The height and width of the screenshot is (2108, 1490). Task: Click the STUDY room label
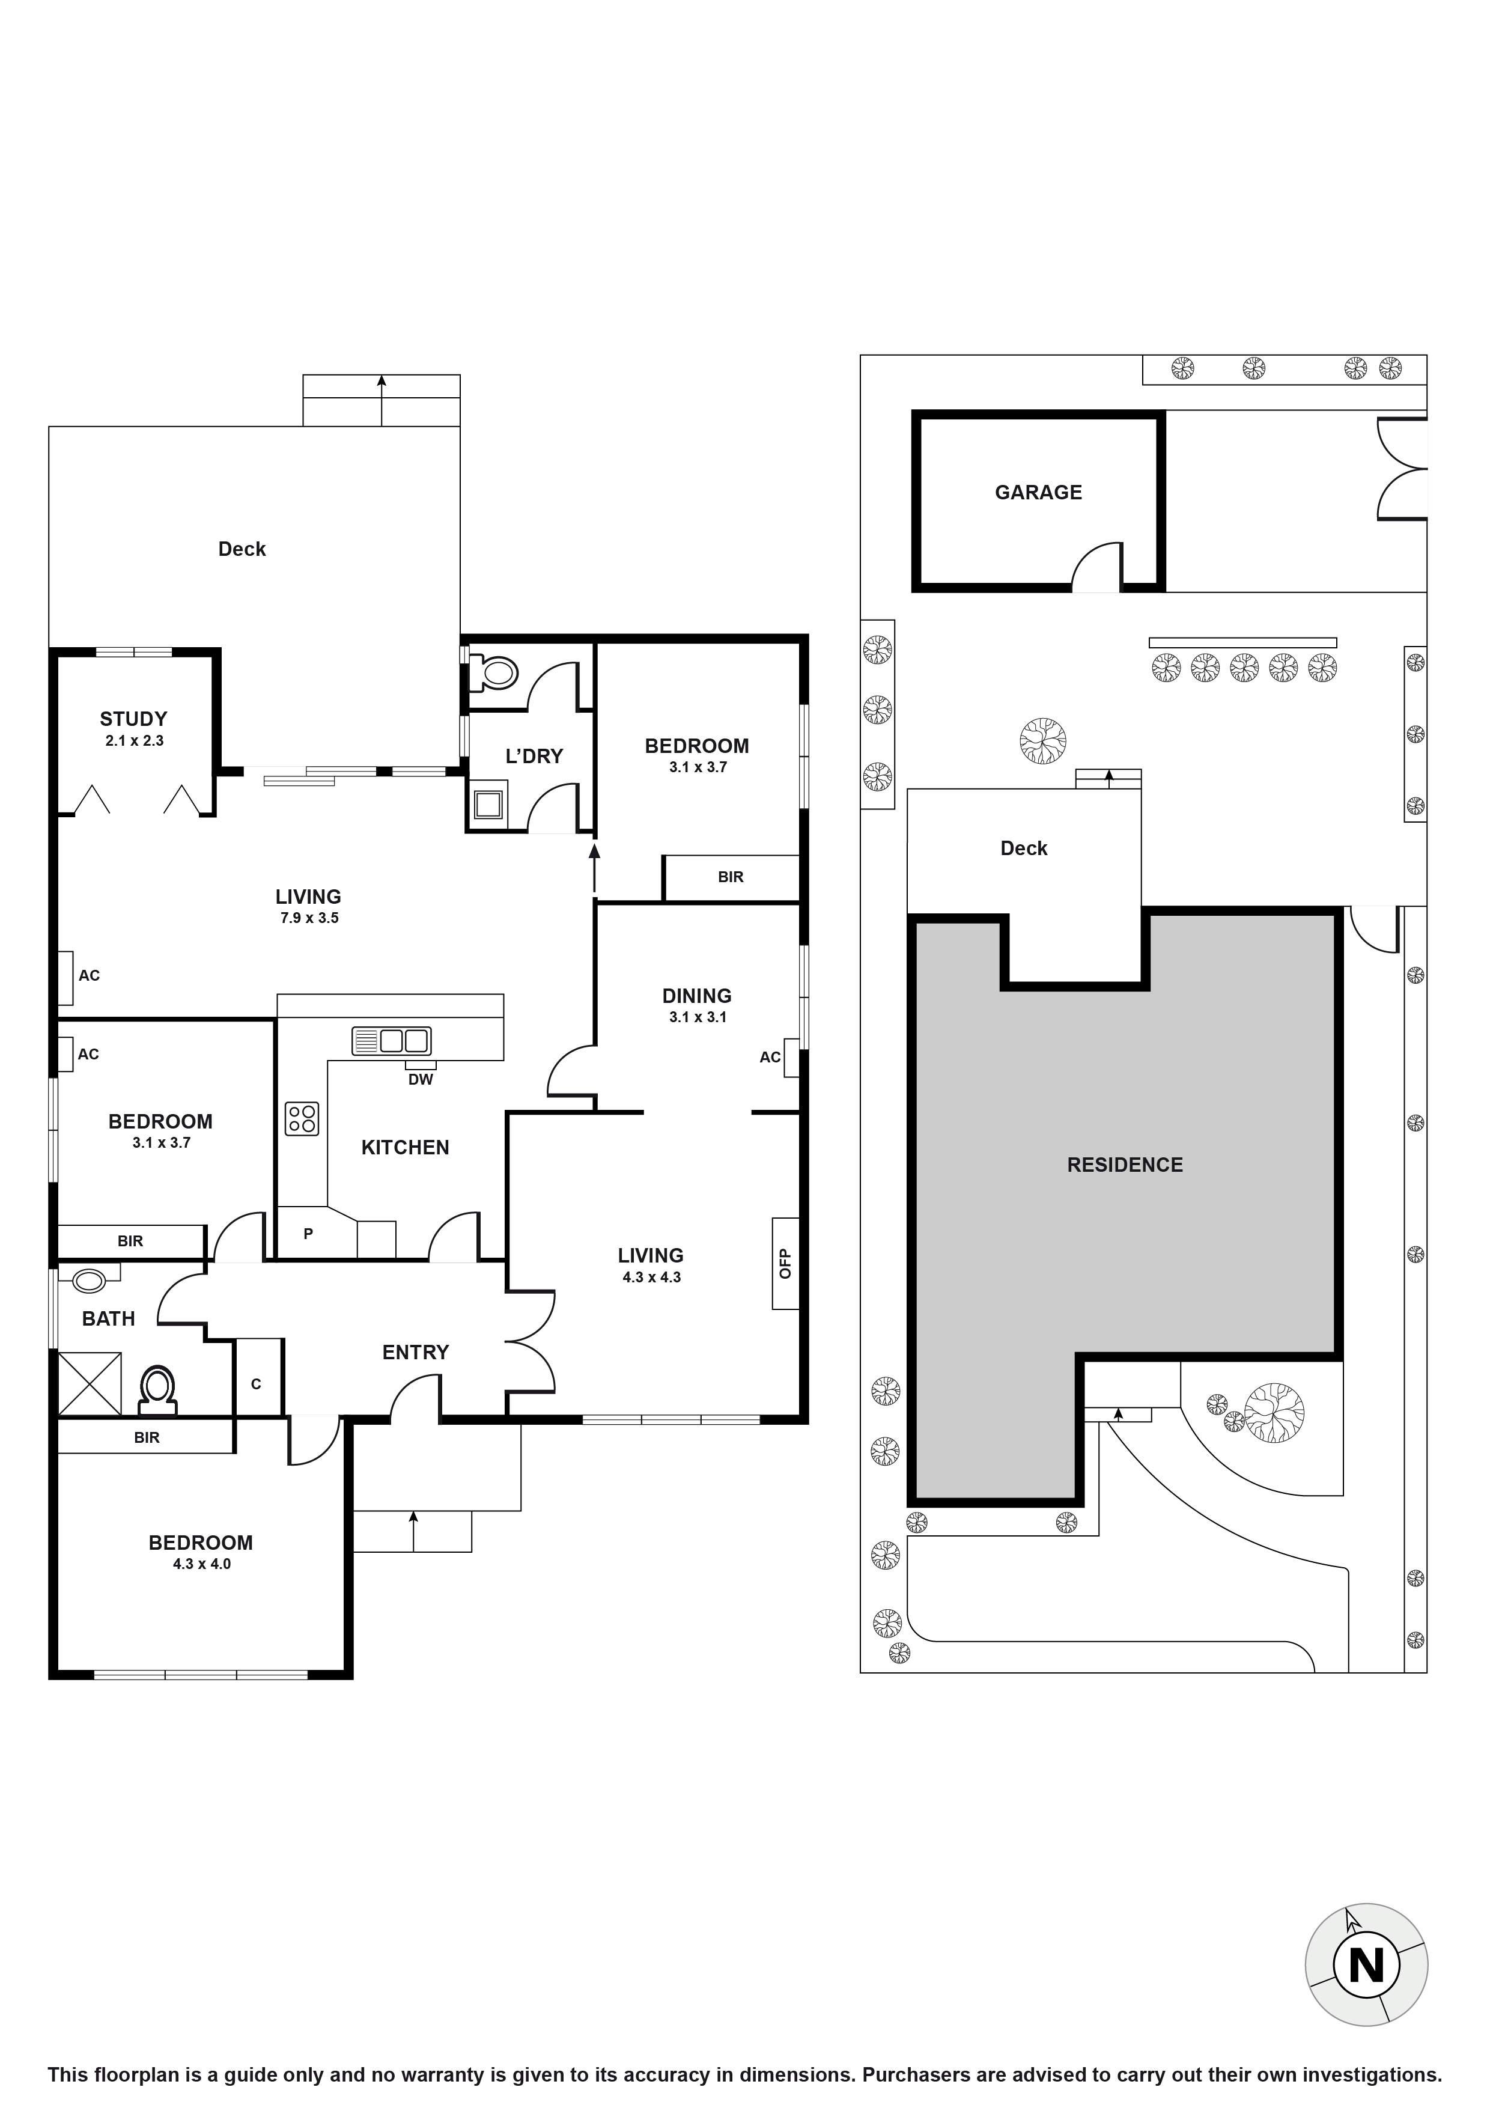tap(133, 719)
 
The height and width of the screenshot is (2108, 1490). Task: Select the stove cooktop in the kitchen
tap(301, 1118)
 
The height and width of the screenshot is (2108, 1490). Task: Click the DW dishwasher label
tap(421, 1080)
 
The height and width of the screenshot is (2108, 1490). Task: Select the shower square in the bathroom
tap(89, 1383)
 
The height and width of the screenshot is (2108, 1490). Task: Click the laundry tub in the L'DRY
tap(487, 804)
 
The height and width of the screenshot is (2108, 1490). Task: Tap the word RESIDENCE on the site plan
tap(1125, 1165)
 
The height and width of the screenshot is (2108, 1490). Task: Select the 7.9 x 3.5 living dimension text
tap(309, 918)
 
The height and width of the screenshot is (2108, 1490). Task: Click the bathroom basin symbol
tap(89, 1280)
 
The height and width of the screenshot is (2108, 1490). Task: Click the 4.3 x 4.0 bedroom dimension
tap(202, 1564)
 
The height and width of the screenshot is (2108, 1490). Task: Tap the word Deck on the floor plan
tap(242, 549)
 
